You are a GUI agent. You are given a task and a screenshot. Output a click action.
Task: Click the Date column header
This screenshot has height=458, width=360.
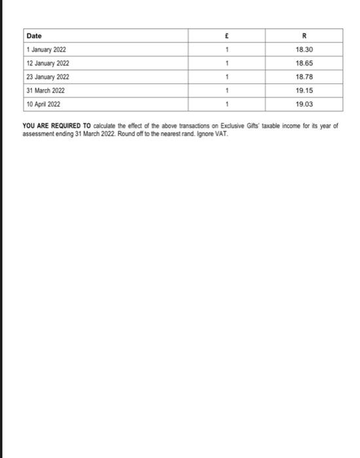(33, 36)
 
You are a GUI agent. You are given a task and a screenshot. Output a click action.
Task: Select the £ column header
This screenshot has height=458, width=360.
(225, 36)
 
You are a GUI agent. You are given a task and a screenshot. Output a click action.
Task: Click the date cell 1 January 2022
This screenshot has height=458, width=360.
(46, 50)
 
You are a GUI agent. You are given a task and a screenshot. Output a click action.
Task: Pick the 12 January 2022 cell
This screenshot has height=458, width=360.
(47, 63)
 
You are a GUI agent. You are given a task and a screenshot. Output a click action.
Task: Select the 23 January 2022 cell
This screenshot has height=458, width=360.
(47, 77)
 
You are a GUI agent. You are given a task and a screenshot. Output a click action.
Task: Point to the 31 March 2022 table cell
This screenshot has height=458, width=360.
(45, 90)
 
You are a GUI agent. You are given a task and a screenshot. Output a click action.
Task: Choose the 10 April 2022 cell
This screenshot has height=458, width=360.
(44, 104)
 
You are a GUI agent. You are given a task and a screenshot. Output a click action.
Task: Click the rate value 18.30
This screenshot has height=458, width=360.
(304, 50)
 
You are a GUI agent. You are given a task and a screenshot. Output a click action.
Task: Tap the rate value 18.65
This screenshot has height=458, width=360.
(304, 63)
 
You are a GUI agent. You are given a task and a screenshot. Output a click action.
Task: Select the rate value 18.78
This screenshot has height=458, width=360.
(304, 77)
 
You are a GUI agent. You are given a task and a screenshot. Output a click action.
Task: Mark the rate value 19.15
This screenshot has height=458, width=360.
(304, 90)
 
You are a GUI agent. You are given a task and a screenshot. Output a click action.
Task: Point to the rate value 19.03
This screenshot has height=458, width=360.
(304, 104)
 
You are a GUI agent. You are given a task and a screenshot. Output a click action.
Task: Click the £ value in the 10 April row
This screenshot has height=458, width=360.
(225, 104)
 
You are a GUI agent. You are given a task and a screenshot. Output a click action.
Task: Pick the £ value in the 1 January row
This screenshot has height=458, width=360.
(225, 50)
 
